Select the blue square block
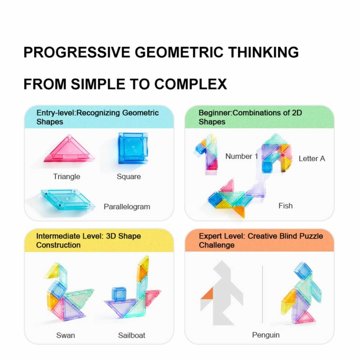coord(133,148)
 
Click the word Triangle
coord(67,176)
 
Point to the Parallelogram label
coord(127,207)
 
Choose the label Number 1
coord(242,156)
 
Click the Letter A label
coord(312,158)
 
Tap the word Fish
coord(285,206)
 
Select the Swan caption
coord(66,335)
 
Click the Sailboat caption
coord(131,335)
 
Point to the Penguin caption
coord(266,335)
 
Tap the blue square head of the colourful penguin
coord(303,270)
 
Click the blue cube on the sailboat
coord(119,294)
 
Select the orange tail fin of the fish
coord(239,211)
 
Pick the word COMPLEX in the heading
coord(190,84)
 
